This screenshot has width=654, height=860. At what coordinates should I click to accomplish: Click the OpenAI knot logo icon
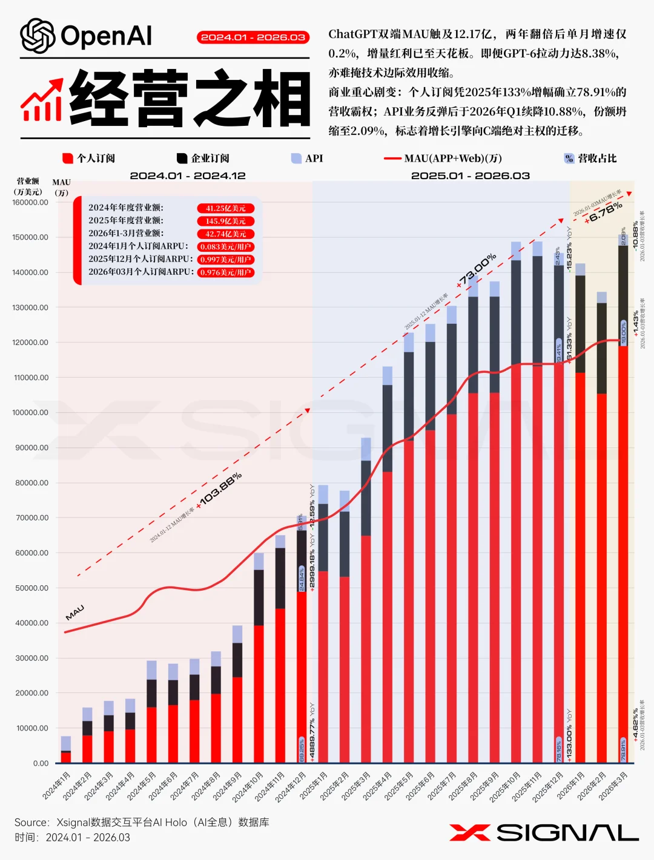pyautogui.click(x=38, y=36)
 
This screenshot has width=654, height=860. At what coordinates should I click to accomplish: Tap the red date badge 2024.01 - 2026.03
pyautogui.click(x=253, y=38)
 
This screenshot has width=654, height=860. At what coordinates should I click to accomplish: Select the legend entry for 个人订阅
pyautogui.click(x=89, y=159)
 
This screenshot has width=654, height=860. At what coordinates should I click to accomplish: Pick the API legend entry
pyautogui.click(x=307, y=159)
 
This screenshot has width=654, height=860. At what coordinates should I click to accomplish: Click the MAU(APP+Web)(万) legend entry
pyautogui.click(x=443, y=159)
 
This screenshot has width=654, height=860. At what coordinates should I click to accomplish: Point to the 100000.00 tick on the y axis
pyautogui.click(x=30, y=413)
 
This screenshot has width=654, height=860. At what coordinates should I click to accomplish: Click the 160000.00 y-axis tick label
pyautogui.click(x=30, y=203)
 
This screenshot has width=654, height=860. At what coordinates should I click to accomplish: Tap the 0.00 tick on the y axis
pyautogui.click(x=41, y=764)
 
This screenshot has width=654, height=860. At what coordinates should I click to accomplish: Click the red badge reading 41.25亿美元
pyautogui.click(x=225, y=208)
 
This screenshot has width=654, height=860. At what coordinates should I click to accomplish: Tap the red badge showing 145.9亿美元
pyautogui.click(x=225, y=222)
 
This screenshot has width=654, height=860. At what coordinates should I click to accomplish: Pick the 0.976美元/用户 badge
pyautogui.click(x=225, y=272)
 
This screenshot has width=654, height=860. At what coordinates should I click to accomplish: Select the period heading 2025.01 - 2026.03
pyautogui.click(x=471, y=176)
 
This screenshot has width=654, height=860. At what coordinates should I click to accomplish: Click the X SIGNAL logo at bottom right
pyautogui.click(x=544, y=833)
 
